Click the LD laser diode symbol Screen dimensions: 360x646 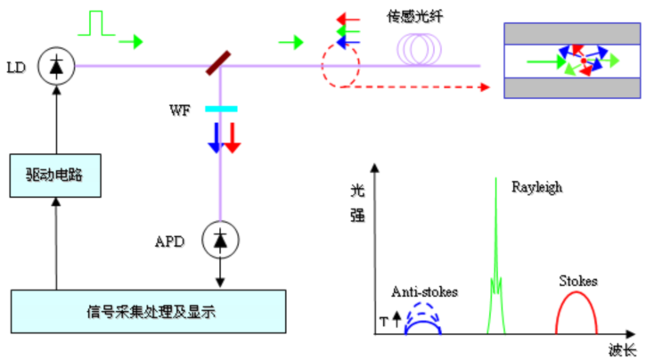click(57, 65)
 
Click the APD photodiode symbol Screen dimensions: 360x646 click(218, 238)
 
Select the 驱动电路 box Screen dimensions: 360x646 click(57, 174)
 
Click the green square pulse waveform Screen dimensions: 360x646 click(97, 24)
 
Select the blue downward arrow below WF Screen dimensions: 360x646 click(215, 135)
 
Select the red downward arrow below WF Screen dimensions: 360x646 click(232, 135)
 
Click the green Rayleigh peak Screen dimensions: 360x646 click(495, 258)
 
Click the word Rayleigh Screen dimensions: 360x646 click(537, 187)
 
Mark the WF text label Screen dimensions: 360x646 click(181, 110)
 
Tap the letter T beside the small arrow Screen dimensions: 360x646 click(386, 319)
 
